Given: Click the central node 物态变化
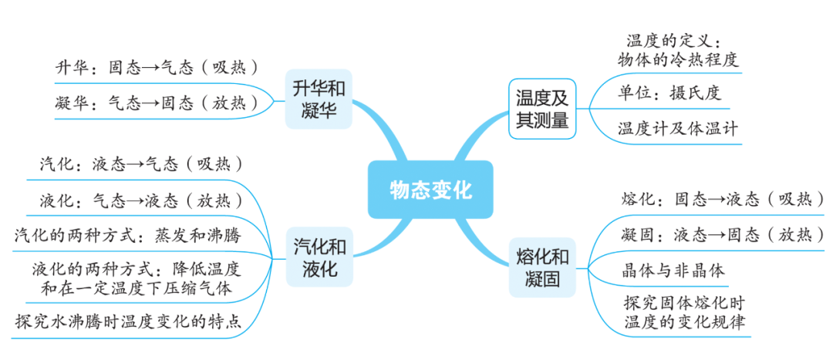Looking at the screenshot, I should coord(430,190).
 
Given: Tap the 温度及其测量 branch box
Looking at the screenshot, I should coord(541,108).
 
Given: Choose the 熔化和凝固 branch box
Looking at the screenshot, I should coord(541,267).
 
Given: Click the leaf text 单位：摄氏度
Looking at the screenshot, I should coord(669,93).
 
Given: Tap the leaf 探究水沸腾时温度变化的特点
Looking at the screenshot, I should coord(129,321).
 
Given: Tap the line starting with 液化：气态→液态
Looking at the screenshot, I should coord(143,200).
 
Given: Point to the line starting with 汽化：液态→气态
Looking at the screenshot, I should coord(143,163).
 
